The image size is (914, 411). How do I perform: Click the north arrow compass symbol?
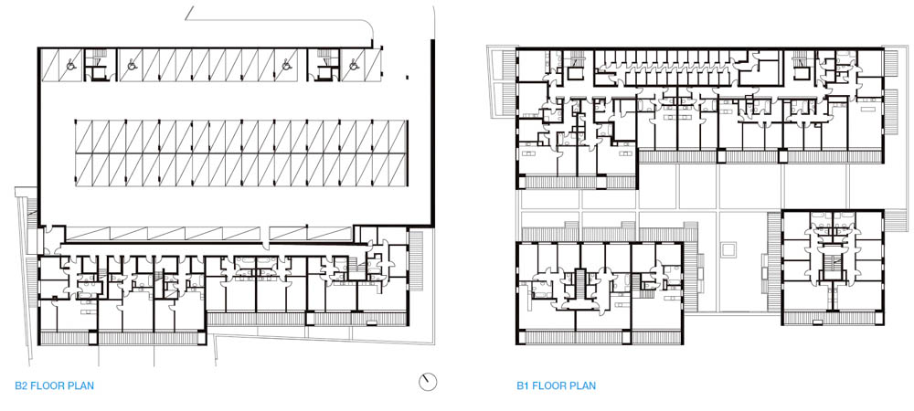428,382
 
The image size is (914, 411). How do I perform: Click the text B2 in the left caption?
21,385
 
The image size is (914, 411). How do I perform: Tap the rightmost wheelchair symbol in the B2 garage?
353,65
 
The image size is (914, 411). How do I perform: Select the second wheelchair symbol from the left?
132,65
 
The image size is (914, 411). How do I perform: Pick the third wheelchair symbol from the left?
287,65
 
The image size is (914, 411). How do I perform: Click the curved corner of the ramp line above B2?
368,26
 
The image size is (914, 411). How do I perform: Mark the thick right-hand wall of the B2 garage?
432,133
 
